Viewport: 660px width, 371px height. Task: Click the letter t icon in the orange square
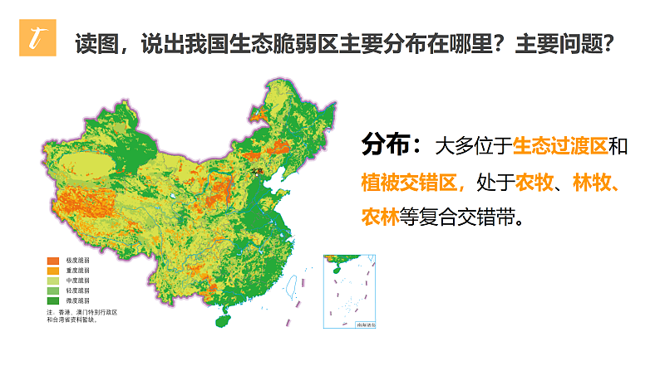pos(34,40)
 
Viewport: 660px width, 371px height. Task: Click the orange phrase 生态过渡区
pos(560,146)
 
